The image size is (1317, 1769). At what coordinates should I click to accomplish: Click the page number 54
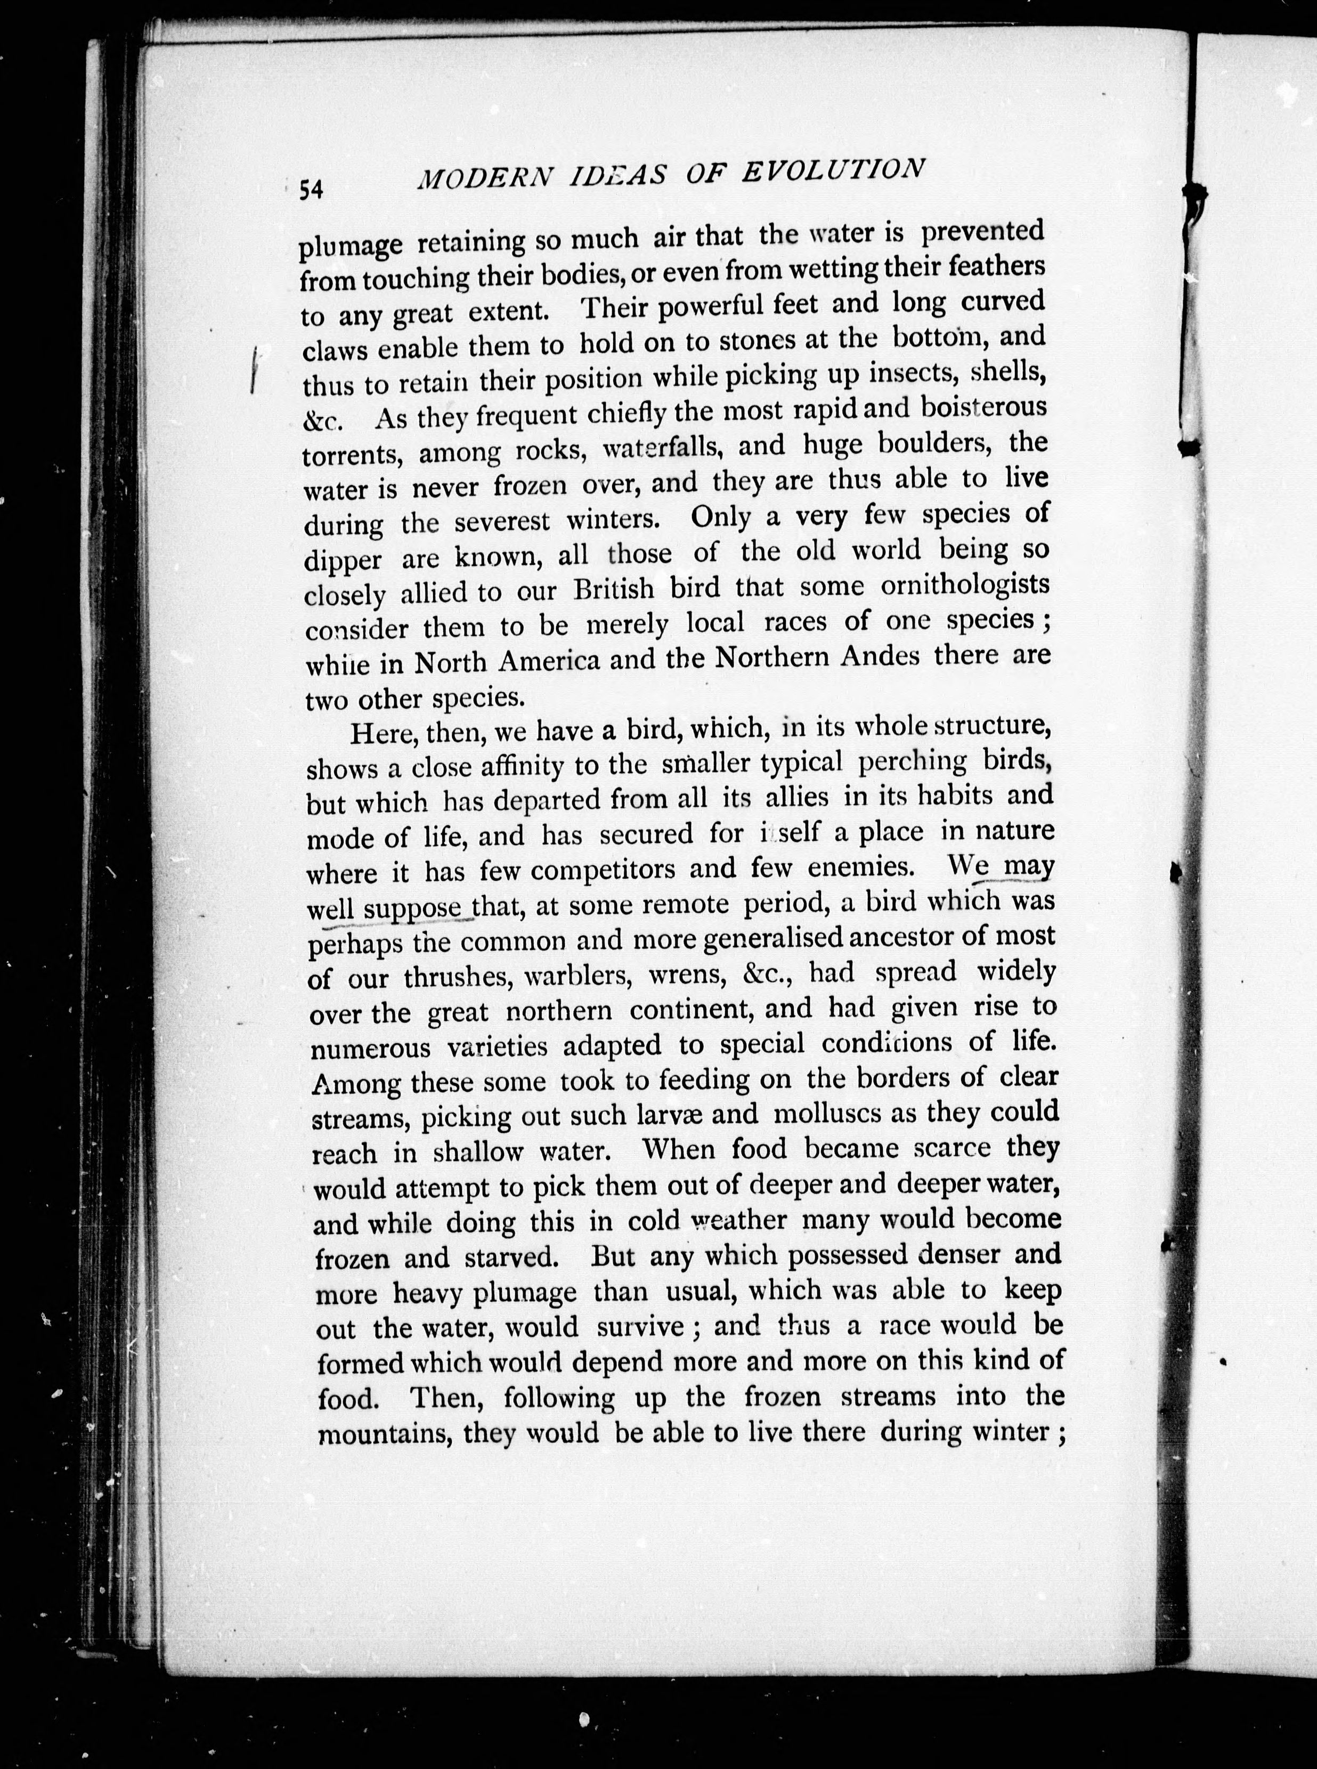pyautogui.click(x=310, y=189)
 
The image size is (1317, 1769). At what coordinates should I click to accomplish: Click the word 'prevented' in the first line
pyautogui.click(x=982, y=232)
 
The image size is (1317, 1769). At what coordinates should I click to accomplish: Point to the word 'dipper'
pyautogui.click(x=343, y=561)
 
